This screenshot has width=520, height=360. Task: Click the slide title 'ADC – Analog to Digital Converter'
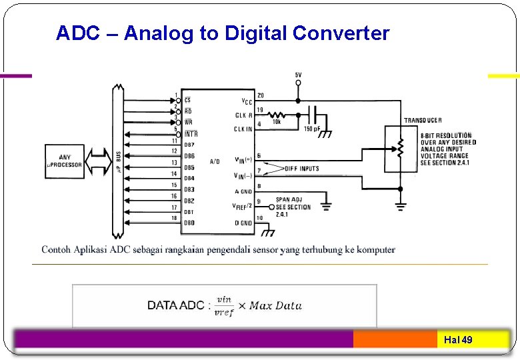[x=223, y=33]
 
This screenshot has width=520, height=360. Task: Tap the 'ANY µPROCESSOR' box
[x=65, y=161]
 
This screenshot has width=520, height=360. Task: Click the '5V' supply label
[x=298, y=74]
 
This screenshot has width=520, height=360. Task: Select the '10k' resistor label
[x=276, y=122]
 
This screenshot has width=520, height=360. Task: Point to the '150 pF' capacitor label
[x=312, y=129]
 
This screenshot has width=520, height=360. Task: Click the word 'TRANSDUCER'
[x=423, y=121]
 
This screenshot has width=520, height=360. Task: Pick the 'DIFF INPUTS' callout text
[x=302, y=169]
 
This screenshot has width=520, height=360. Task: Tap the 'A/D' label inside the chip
[x=215, y=161]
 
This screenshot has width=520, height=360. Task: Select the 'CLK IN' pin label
[x=243, y=129]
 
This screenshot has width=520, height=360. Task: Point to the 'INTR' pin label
[x=191, y=133]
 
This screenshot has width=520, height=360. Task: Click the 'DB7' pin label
[x=189, y=145]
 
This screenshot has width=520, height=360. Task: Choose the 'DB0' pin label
[x=189, y=223]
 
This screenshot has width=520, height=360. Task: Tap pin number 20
[x=260, y=95]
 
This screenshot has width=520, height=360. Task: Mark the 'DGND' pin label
[x=243, y=223]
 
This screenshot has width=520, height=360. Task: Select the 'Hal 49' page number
[x=458, y=340]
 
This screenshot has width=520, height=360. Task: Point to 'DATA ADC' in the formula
[x=177, y=306]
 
